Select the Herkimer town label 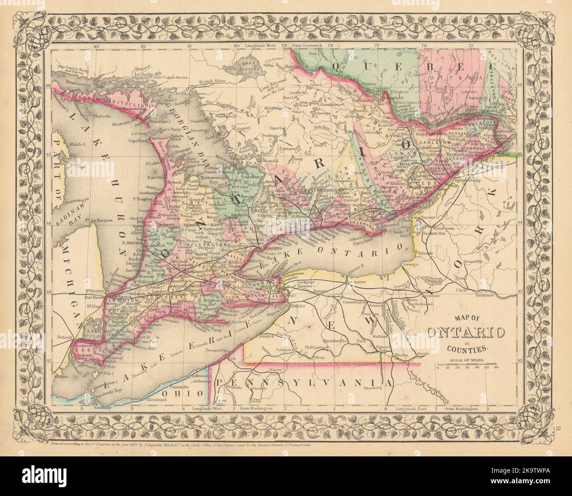[484, 295]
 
